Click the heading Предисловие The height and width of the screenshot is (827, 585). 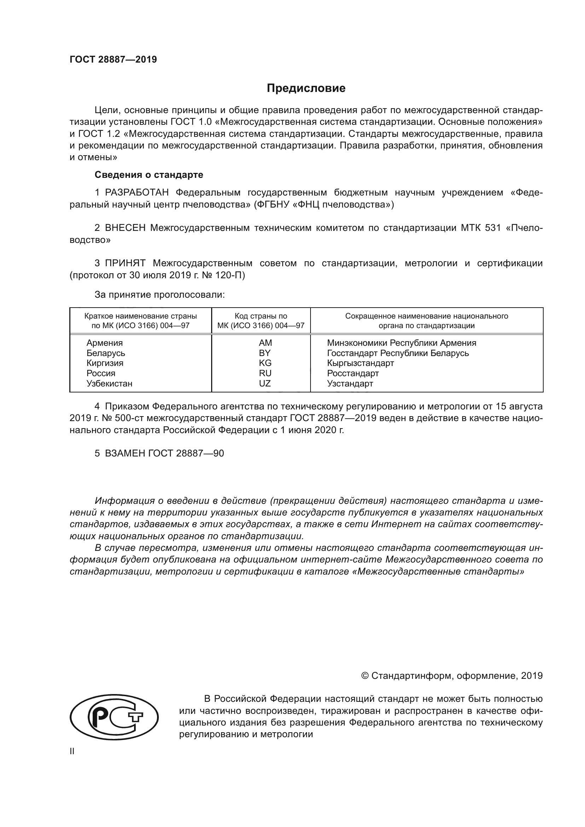306,88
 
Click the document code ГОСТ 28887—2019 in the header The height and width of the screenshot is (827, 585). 113,59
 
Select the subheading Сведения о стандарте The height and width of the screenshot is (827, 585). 149,175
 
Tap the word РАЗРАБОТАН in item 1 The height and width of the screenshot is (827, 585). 137,193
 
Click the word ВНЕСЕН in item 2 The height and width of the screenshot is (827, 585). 125,228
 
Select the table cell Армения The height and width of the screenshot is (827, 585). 104,343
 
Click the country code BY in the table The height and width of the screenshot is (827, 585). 265,353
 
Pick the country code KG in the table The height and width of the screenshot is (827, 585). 265,363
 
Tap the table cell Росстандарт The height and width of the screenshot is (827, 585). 353,373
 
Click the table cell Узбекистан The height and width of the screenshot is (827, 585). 109,384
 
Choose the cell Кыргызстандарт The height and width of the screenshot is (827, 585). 360,363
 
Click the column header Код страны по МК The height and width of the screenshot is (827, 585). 261,321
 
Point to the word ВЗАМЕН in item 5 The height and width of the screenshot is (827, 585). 125,453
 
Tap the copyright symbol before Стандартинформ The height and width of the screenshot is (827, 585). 365,676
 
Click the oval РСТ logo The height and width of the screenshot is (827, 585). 114,717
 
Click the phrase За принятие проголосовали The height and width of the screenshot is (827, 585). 160,295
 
